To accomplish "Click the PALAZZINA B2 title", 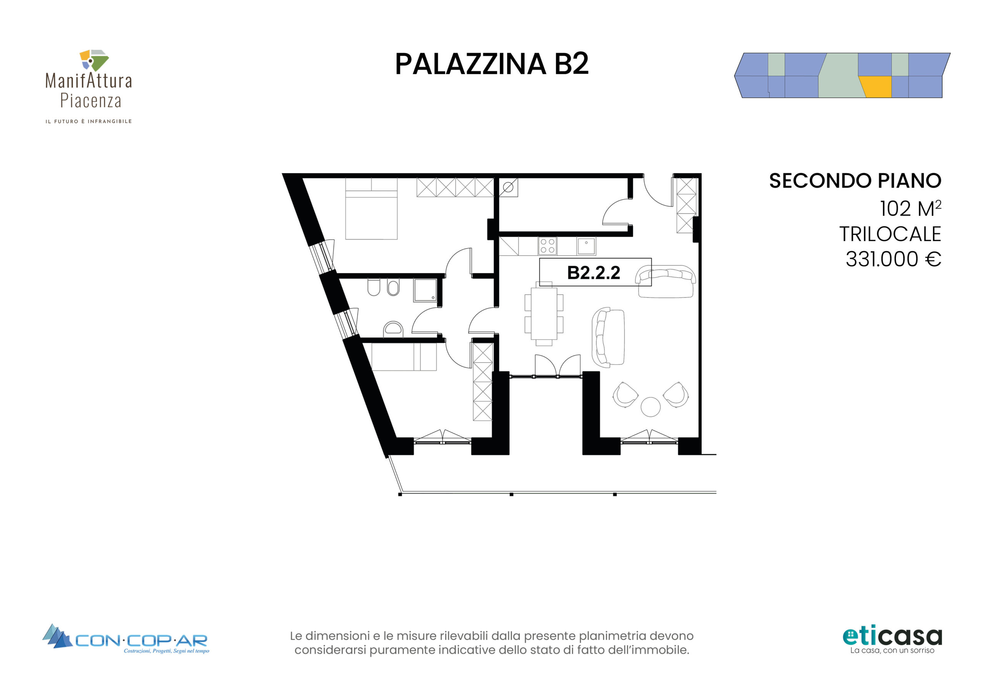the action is [492, 64].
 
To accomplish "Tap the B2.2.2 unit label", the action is [593, 273].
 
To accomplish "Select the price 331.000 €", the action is [893, 259].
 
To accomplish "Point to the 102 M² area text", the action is [910, 208].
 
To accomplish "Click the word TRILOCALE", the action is [890, 234].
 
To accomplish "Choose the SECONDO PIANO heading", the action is [855, 181].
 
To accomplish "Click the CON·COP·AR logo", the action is [126, 639].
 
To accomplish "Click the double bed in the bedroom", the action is [371, 209].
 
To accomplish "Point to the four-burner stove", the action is [547, 246].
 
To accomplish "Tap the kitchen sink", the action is [586, 246].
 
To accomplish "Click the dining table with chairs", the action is [544, 314].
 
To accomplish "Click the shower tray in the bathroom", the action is [425, 290].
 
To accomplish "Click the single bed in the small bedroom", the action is [404, 357].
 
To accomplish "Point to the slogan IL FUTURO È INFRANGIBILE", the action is [89, 122].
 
